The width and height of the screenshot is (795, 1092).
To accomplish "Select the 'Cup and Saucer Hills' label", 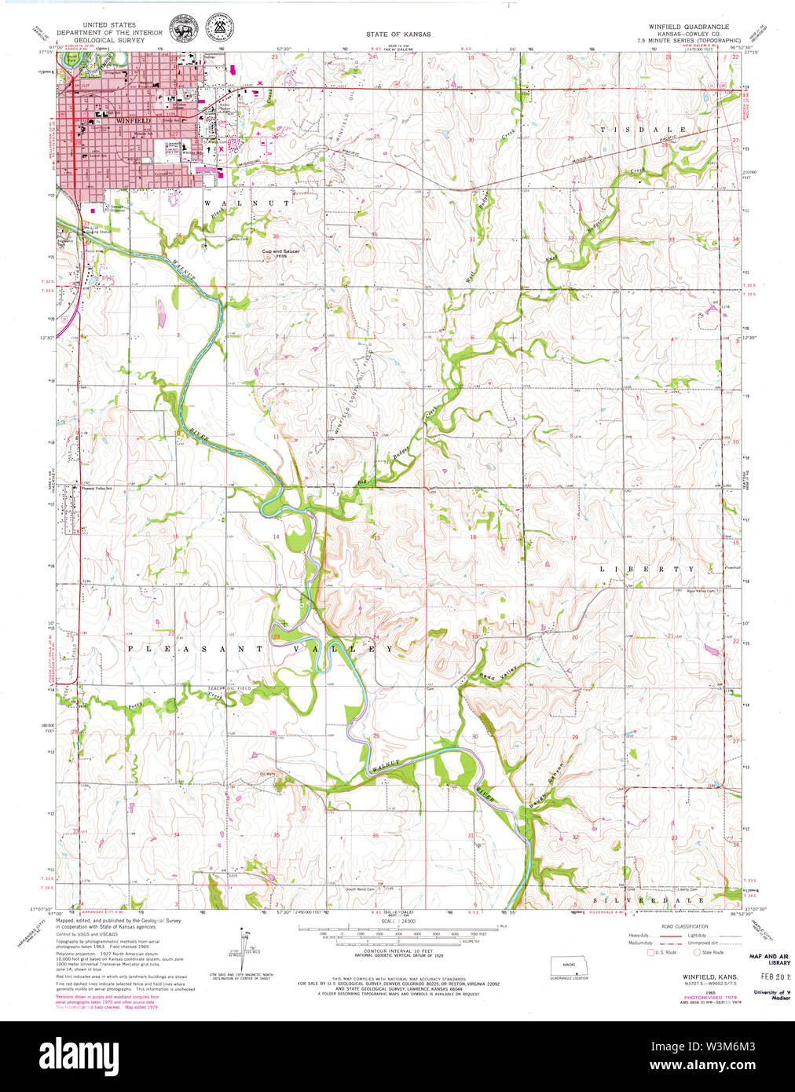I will point(280,254).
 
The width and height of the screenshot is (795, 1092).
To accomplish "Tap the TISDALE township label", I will point(643,129).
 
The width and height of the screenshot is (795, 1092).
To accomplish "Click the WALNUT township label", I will point(247,203).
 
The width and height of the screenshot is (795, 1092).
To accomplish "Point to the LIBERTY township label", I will point(647,569).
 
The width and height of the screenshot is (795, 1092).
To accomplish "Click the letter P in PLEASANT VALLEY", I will point(130,649).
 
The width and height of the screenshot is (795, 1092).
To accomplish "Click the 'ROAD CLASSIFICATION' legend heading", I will point(684,926).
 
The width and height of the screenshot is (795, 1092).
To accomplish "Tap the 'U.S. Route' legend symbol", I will point(650,952).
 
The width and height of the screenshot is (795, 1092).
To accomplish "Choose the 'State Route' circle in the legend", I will point(697,952).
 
